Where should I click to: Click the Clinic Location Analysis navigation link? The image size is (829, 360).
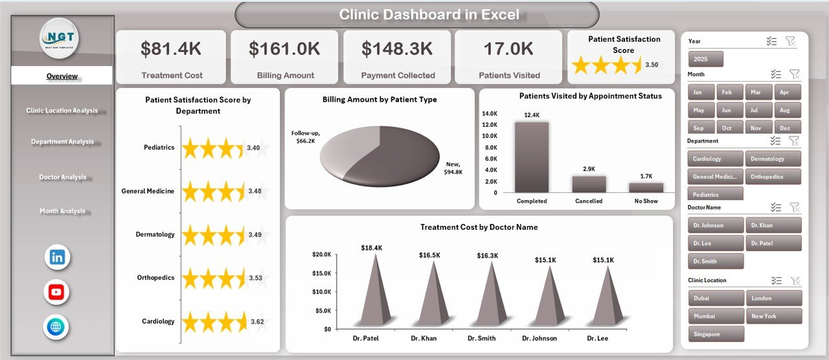[x=62, y=111]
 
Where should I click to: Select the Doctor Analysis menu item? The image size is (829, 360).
[x=62, y=177]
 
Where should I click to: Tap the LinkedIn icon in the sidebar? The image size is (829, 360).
[x=57, y=257]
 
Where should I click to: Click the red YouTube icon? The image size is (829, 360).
[x=56, y=292]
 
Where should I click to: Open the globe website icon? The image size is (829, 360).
[x=56, y=327]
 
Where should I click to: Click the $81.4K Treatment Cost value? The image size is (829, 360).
[x=172, y=49]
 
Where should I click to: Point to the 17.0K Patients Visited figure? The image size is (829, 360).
[x=508, y=49]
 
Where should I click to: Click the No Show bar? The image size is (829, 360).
[x=646, y=187]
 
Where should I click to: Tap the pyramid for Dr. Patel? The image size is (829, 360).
[x=374, y=291]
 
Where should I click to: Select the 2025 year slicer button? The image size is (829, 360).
[x=705, y=59]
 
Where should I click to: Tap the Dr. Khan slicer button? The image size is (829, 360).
[x=773, y=225]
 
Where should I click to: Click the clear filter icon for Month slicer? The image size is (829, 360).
[x=795, y=74]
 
